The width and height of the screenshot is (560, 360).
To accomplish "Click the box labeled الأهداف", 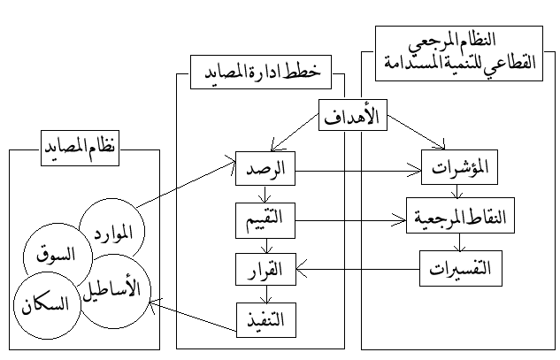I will point(359,116).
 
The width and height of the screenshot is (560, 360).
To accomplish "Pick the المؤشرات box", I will point(456,167).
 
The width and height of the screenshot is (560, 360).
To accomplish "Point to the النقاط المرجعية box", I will point(456,218).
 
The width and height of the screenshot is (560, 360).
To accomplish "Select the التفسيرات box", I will point(456,267).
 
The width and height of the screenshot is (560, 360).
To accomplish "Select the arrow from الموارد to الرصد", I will point(186,187).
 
